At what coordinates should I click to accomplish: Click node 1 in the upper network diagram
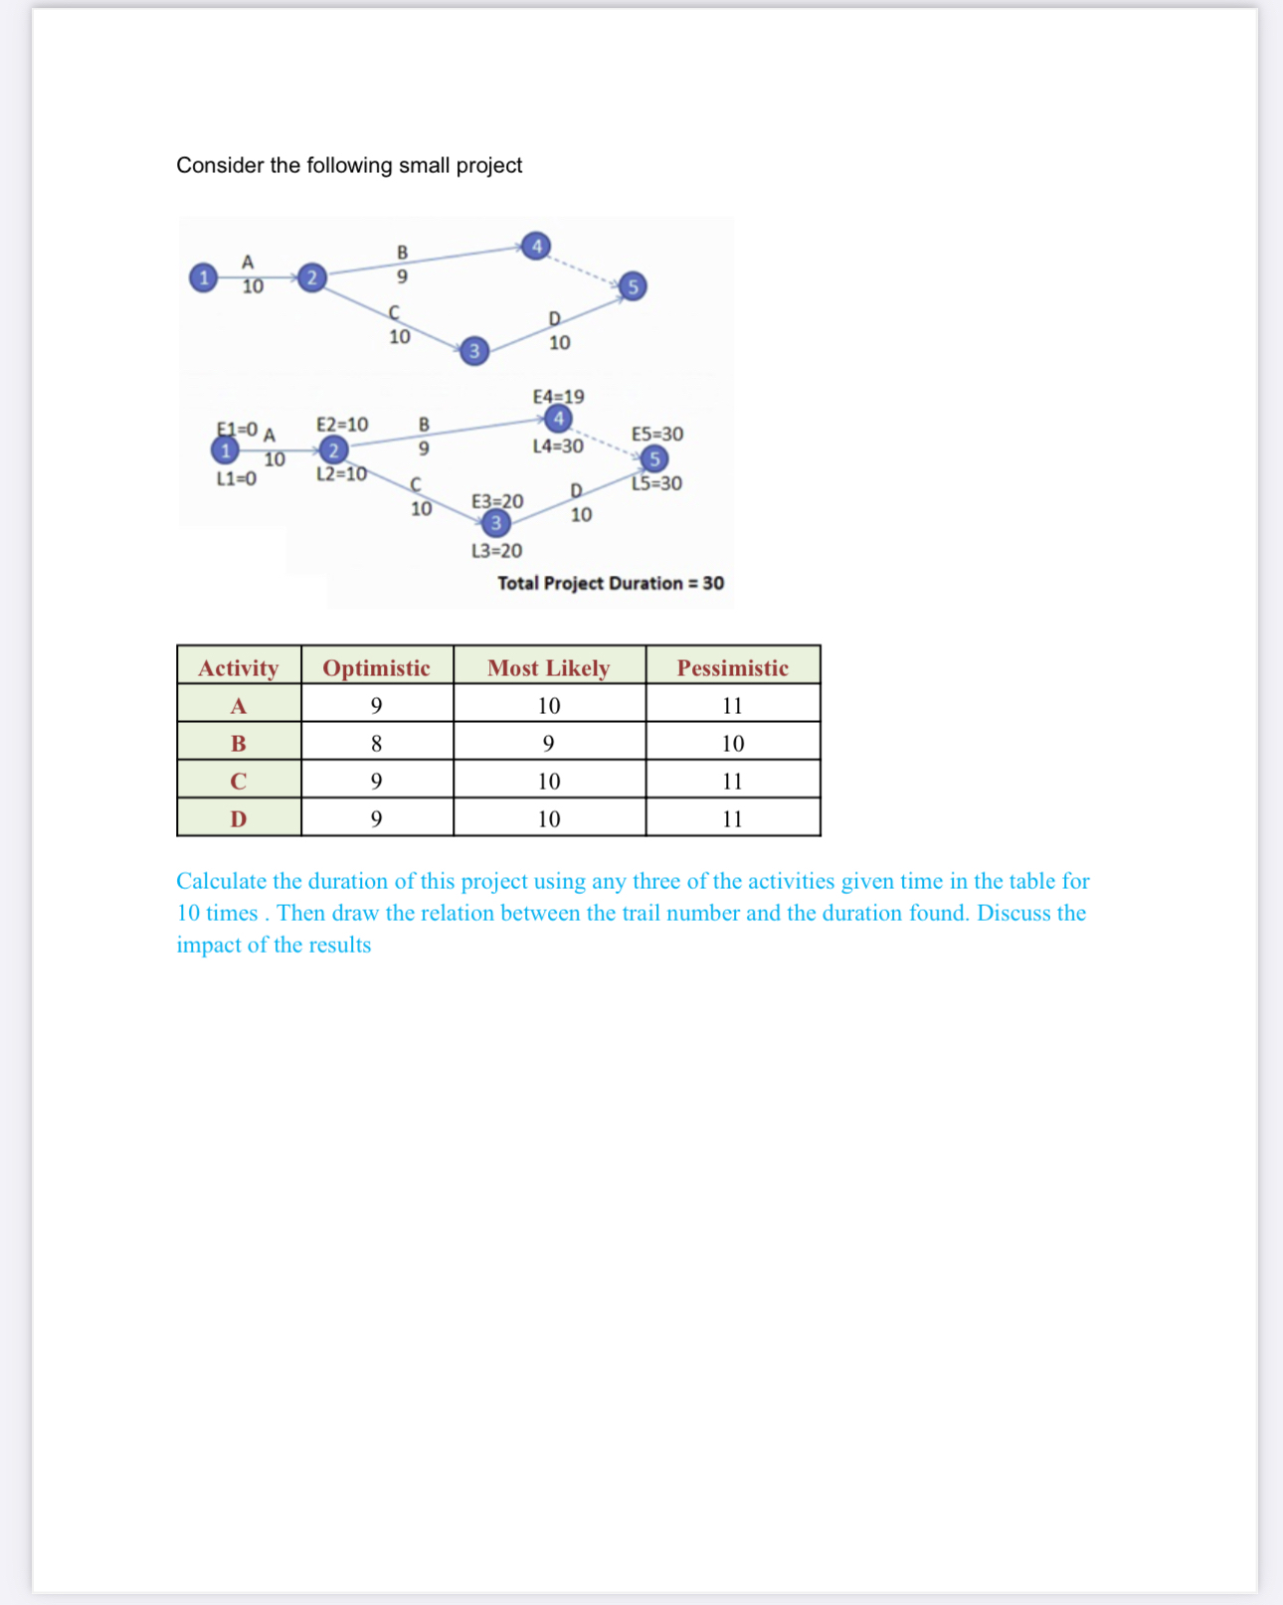[x=203, y=277]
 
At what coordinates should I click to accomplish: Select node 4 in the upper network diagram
[x=536, y=246]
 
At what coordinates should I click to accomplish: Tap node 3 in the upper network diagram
[x=474, y=350]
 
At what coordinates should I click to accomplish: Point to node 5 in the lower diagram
[x=653, y=459]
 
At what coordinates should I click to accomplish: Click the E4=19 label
[x=559, y=397]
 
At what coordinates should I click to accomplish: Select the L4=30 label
[x=558, y=446]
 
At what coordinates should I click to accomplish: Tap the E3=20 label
[x=497, y=501]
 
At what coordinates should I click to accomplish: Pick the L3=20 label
[x=496, y=551]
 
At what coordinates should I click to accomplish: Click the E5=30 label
[x=657, y=435]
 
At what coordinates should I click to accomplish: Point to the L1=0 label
[x=236, y=478]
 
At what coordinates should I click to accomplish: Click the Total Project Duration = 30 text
[x=611, y=584]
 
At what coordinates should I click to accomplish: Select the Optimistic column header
[x=376, y=668]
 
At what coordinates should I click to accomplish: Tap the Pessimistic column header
[x=733, y=668]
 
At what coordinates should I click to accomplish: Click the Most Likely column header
[x=549, y=668]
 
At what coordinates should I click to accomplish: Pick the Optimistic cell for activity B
[x=376, y=744]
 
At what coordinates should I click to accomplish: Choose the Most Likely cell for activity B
[x=549, y=744]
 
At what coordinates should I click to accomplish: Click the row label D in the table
[x=239, y=819]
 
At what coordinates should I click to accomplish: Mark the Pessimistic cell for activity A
[x=733, y=706]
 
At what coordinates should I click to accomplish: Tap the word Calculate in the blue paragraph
[x=221, y=882]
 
